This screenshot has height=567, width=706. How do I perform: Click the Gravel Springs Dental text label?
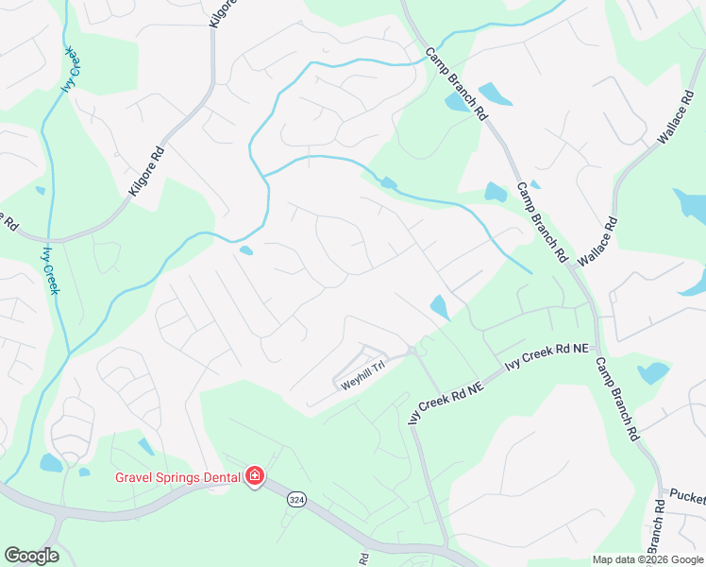tap(178, 476)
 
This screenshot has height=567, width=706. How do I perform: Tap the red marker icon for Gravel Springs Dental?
tap(254, 476)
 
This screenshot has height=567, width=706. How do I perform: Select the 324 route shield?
tap(296, 504)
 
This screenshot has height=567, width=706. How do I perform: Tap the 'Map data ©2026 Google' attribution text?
tap(647, 559)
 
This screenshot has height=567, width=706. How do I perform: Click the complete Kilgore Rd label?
tap(147, 172)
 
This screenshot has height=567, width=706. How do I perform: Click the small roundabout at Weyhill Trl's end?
tap(412, 352)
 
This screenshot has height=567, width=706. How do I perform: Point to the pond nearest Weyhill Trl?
tap(439, 307)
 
